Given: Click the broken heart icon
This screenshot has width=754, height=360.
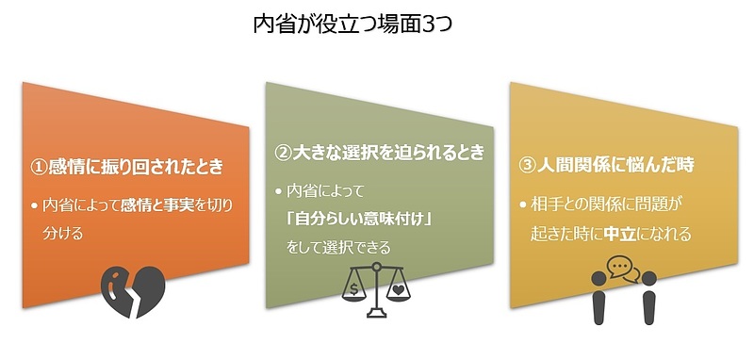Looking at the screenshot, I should click(133, 289).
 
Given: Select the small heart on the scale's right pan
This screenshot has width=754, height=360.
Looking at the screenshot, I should click(401, 287).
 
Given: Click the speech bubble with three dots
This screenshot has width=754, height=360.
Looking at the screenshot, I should click(617, 268).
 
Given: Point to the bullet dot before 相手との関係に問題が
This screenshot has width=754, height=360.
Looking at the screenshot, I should click(523, 204).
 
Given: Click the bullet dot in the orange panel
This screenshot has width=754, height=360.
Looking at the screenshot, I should click(36, 205).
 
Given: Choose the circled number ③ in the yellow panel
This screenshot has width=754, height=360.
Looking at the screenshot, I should click(527, 164).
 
